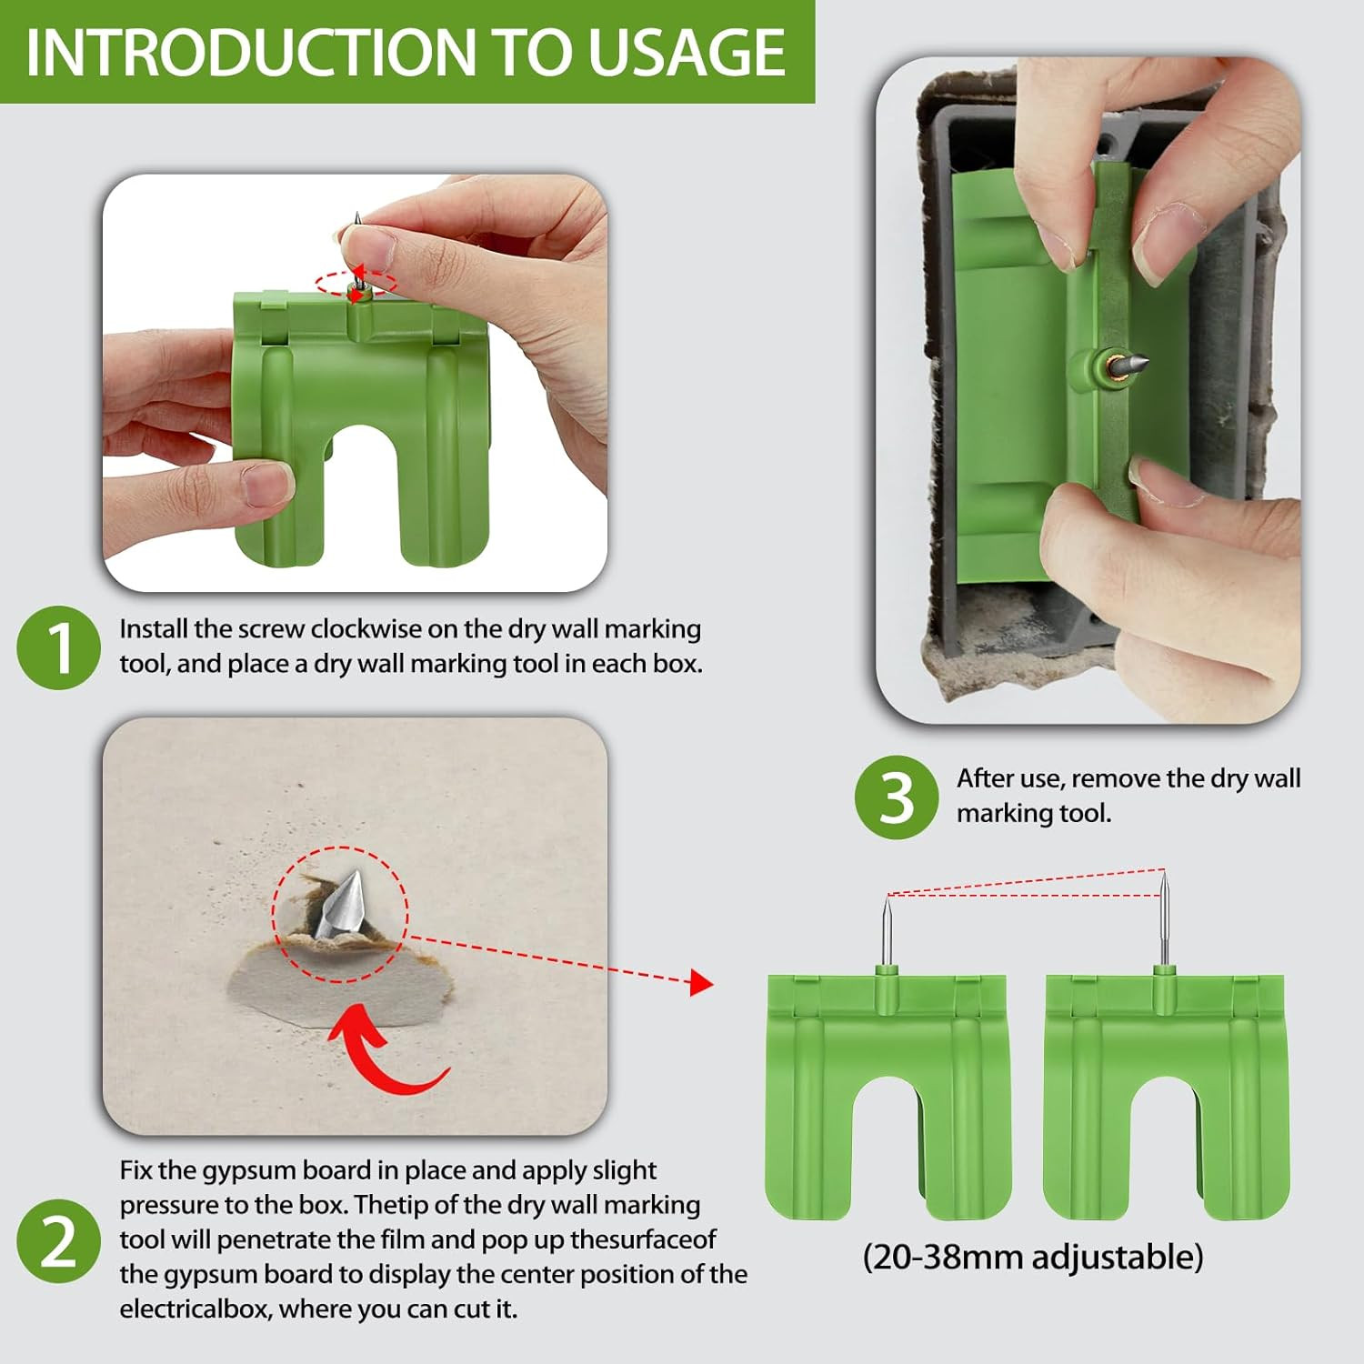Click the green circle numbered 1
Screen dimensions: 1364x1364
tap(58, 647)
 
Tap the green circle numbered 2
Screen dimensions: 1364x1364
tap(58, 1241)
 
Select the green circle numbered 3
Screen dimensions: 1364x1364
tap(896, 797)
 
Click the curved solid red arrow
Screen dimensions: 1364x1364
tap(386, 1055)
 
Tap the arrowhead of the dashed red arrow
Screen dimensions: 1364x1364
tap(701, 982)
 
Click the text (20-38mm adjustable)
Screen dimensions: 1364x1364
tap(1032, 1257)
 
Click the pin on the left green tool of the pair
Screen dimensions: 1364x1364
tap(888, 932)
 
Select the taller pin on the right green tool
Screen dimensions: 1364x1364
tap(1163, 918)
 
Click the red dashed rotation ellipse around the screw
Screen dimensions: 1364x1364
tap(356, 282)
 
